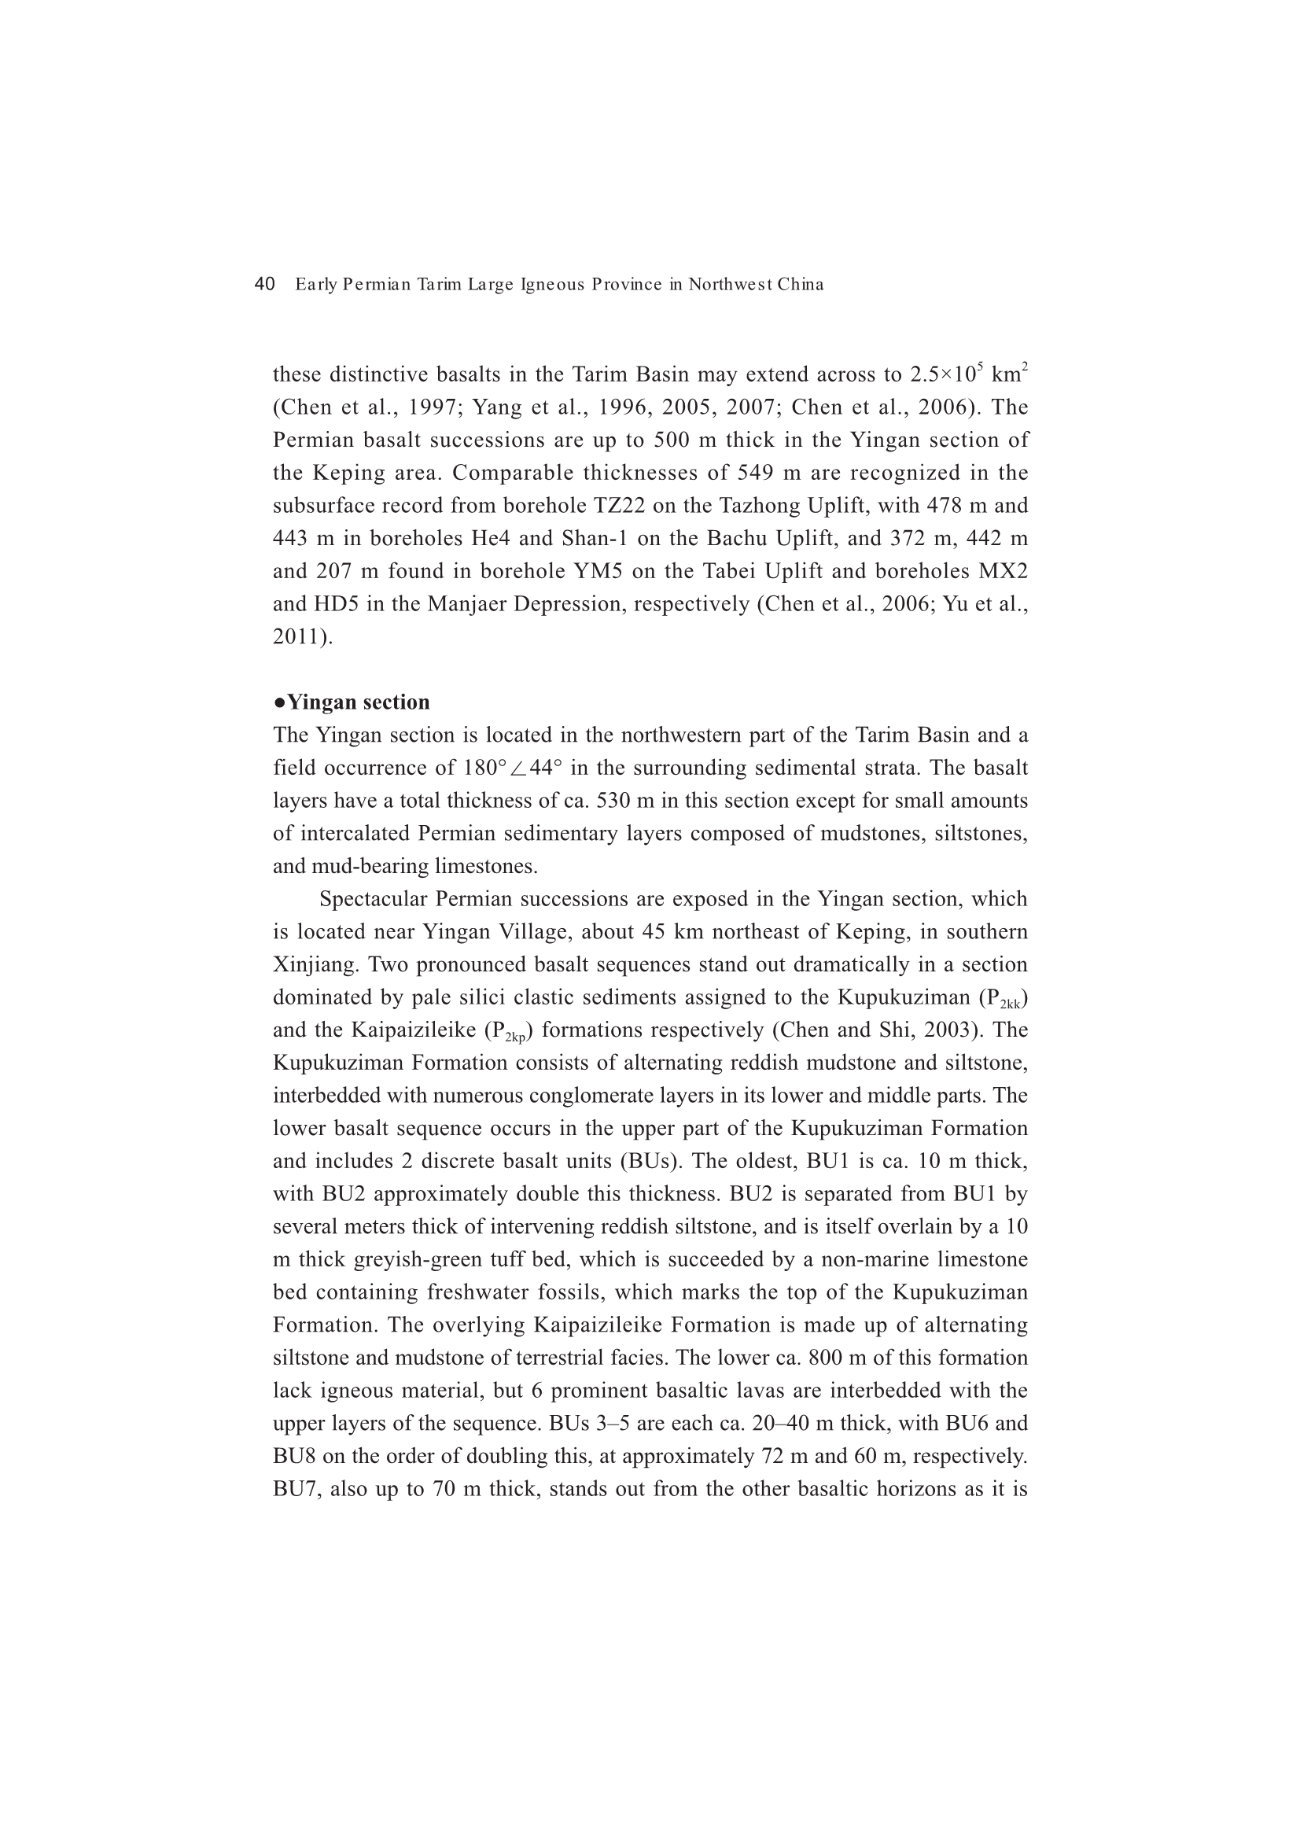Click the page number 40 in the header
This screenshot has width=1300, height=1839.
tap(264, 284)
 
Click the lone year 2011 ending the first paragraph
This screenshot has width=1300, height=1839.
tap(298, 637)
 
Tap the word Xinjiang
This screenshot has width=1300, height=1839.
tap(315, 965)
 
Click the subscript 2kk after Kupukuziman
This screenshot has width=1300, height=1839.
tap(1011, 1004)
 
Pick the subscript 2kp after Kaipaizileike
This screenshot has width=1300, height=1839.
tap(515, 1037)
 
